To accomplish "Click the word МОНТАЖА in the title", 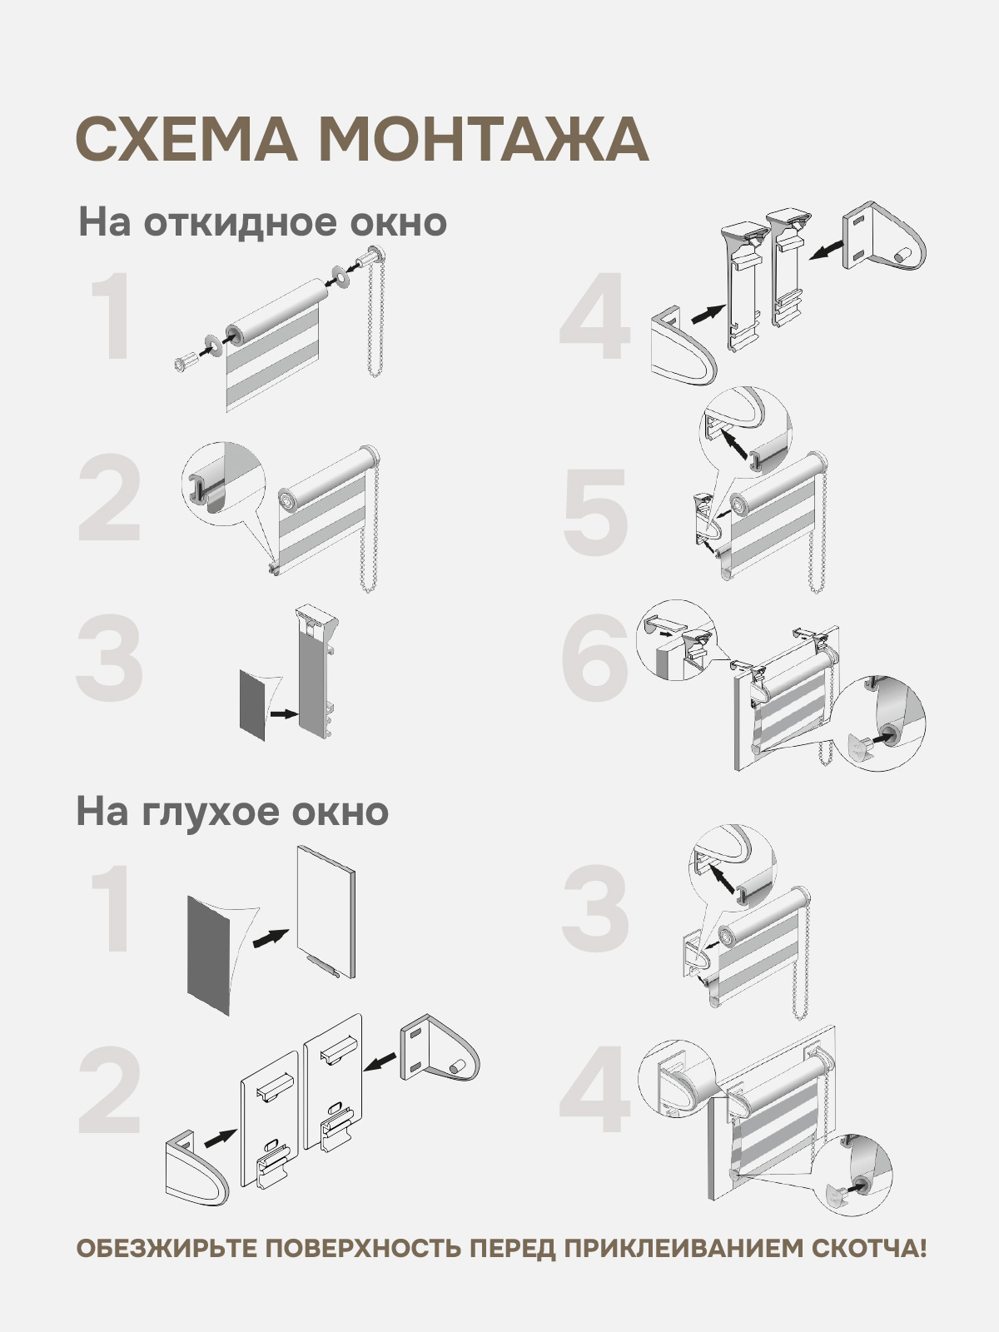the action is (484, 139).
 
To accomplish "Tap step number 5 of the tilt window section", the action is (595, 512).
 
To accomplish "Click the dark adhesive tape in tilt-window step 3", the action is (253, 704).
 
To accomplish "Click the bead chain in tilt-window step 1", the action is (374, 316).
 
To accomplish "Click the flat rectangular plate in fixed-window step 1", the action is (326, 912).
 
